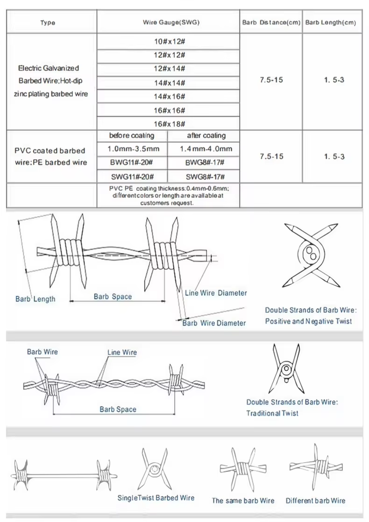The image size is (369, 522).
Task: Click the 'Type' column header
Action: pos(48,23)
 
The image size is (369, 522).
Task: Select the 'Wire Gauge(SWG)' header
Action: pos(171,22)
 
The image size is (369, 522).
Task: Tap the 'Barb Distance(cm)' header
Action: pos(272,22)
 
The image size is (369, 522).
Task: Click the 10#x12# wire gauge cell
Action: pos(169,41)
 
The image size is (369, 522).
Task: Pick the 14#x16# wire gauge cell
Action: pos(169,97)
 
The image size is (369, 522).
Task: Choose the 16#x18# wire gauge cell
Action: pos(169,124)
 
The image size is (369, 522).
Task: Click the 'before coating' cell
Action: pos(132,135)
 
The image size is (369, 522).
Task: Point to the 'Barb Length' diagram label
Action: pos(35,299)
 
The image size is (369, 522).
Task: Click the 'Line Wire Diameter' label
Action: pos(216,293)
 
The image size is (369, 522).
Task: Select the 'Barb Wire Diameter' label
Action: pos(214,323)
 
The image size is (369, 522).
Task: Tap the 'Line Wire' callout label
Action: pos(122,352)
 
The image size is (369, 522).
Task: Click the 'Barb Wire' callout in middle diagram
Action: pos(42,352)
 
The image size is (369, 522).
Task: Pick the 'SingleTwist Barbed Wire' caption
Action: pos(156,498)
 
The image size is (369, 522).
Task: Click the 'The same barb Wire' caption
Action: pos(243,501)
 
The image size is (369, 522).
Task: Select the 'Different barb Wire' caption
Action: pos(315,501)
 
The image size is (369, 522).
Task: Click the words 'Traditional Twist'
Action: pos(272,413)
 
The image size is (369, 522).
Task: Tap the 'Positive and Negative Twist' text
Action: pos(309,321)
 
